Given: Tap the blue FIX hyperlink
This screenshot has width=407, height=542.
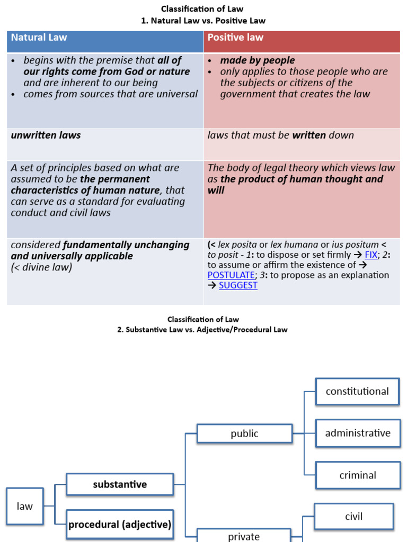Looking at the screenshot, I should pos(371,255).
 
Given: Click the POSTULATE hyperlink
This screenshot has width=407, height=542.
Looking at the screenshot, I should pos(231,275).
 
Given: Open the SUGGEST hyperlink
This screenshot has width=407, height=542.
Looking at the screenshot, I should pos(238,285).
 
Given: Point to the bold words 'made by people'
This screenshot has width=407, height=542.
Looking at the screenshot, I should pos(258,60).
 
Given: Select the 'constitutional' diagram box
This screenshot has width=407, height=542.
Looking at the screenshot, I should pos(357,392).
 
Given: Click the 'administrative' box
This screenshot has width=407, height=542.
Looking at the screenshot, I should pos(357,433).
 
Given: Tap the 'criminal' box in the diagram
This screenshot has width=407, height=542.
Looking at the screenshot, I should pos(357,475).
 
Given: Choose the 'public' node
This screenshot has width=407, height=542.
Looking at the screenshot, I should pos(244,433).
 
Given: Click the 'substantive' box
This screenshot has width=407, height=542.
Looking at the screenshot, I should pos(120,484).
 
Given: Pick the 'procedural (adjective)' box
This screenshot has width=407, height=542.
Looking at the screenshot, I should pos(120,525).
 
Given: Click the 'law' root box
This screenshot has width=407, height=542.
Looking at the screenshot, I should pos(25,506).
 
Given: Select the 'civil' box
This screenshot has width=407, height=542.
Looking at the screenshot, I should pos(353,517).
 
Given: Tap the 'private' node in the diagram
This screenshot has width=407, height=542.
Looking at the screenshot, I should pos(244,536).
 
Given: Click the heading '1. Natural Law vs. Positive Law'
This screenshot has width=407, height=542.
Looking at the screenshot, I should pos(203,21).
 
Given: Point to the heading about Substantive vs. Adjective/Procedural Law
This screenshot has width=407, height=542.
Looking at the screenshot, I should pos(203,330).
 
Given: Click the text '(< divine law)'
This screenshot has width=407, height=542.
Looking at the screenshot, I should pos(41,267).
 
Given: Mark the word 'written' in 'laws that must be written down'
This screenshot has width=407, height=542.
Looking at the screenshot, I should pos(309,135).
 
